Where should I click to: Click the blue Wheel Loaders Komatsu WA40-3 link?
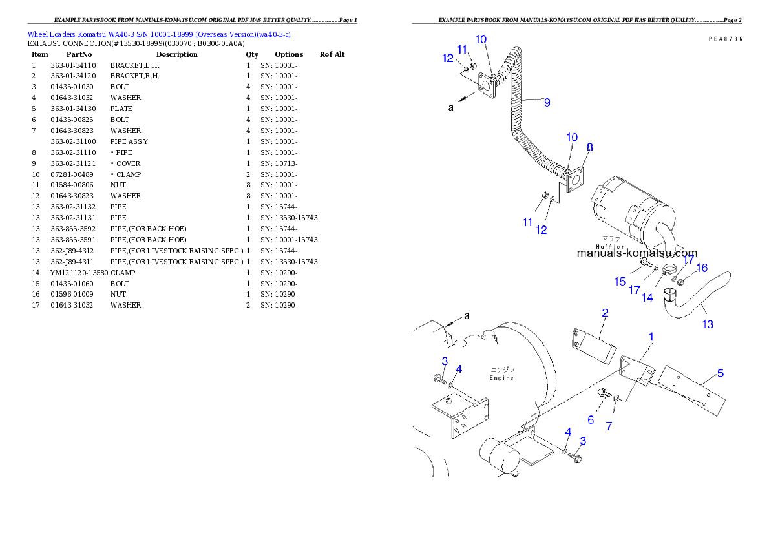(x=159, y=34)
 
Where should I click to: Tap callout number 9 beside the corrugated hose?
(x=547, y=102)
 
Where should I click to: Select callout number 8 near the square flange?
(x=589, y=147)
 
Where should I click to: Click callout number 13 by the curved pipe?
(x=708, y=324)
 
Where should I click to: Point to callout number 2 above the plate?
(x=605, y=313)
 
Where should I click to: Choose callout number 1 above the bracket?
(x=651, y=337)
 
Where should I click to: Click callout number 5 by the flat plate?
(x=721, y=373)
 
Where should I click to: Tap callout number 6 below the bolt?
(x=591, y=420)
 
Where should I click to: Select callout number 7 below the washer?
(x=609, y=426)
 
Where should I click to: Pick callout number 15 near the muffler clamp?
(x=620, y=282)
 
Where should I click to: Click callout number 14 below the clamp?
(x=647, y=298)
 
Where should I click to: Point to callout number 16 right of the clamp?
(x=702, y=268)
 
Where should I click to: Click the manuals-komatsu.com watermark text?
(x=637, y=254)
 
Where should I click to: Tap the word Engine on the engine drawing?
(x=501, y=377)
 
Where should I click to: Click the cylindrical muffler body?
(x=630, y=207)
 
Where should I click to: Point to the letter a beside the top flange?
(x=451, y=108)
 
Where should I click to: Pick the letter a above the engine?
(x=467, y=315)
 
